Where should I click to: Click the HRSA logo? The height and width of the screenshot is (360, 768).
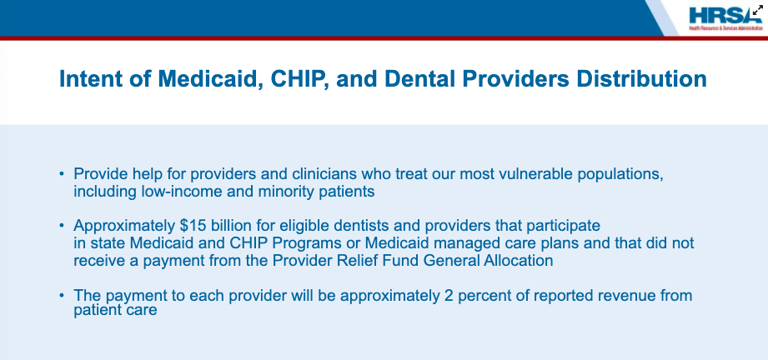(x=725, y=18)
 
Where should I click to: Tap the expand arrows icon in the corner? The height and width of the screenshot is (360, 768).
(x=757, y=10)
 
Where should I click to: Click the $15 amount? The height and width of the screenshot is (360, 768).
(x=190, y=226)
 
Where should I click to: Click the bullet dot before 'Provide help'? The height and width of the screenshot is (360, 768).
(x=62, y=174)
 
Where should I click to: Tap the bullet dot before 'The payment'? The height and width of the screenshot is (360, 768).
(x=62, y=295)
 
